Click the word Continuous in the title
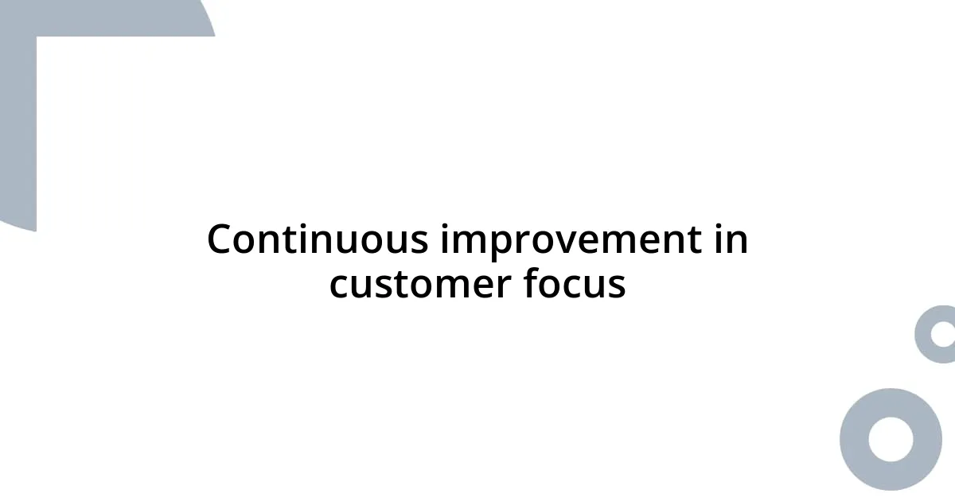tap(319, 239)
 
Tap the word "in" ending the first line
tap(731, 239)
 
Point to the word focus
tap(574, 285)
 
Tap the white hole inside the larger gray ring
tap(891, 439)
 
